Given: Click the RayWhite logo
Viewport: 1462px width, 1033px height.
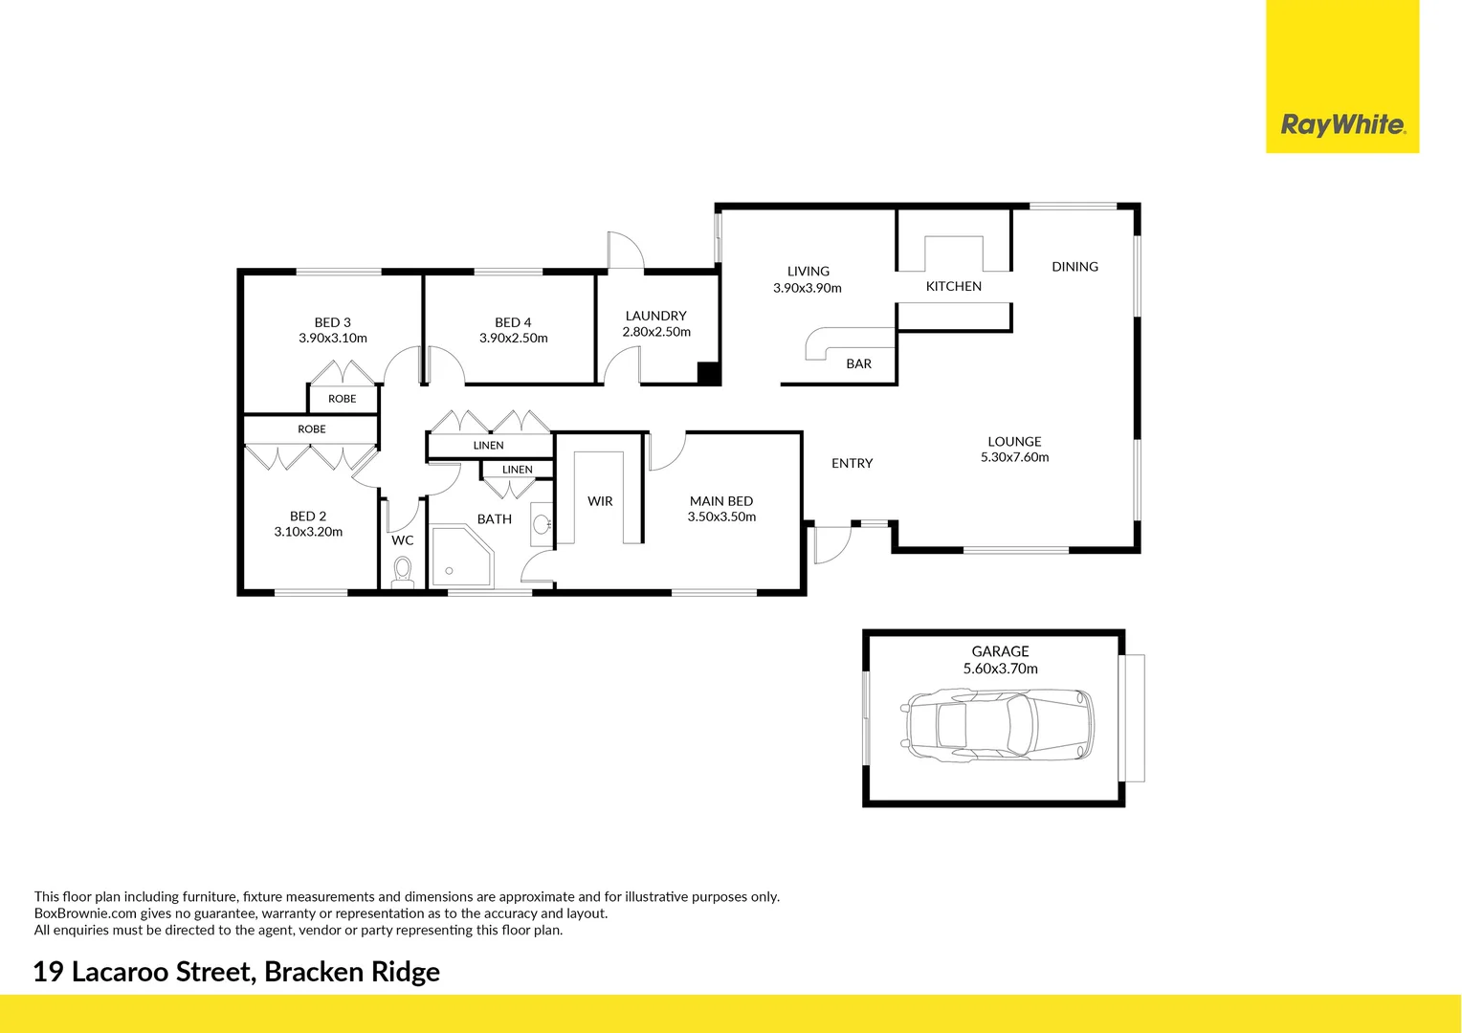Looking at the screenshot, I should coord(1342,124).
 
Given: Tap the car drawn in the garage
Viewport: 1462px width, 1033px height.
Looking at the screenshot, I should coord(996,725).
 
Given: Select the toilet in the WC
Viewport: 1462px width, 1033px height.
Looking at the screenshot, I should coord(403,572).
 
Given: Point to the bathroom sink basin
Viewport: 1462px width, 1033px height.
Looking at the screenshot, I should coord(542,524).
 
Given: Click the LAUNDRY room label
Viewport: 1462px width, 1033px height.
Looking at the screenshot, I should coord(655,316).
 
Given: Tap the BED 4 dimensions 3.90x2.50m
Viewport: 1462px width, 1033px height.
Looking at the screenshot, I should coord(513,339).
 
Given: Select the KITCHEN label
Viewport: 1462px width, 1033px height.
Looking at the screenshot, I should coord(953,286).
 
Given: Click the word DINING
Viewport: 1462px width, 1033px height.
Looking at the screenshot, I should coord(1074,267).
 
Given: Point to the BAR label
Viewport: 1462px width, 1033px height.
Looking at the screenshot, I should coord(858,363).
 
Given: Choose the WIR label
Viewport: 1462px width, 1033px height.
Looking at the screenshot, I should coord(600,501).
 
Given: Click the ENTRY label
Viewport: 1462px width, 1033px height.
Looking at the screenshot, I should coord(852,463).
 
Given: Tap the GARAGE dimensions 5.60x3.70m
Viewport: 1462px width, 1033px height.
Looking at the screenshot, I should coord(1000,669).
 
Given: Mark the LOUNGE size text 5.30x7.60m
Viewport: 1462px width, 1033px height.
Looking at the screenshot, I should coord(1014,457).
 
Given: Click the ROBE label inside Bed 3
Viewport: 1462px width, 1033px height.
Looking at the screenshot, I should coord(342,399).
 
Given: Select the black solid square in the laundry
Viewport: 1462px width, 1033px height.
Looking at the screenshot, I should coord(708,374).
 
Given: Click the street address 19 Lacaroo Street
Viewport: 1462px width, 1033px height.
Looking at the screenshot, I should coord(144,972).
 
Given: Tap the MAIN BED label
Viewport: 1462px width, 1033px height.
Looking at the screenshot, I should coord(720,501).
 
